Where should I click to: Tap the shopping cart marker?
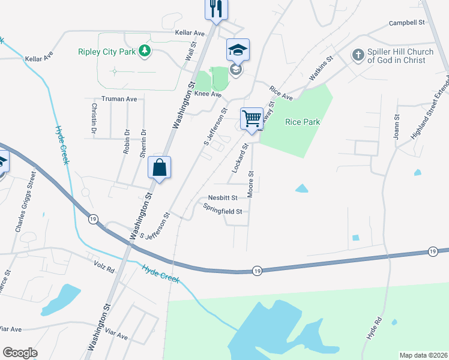252,118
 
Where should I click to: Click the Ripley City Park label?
107,52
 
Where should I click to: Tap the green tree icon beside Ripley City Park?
144,52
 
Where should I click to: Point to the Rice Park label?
303,122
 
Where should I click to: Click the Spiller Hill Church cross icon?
358,56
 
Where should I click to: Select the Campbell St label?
406,22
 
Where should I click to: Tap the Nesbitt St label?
223,197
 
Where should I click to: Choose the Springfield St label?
222,211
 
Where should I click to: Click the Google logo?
20,353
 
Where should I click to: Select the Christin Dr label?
94,118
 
